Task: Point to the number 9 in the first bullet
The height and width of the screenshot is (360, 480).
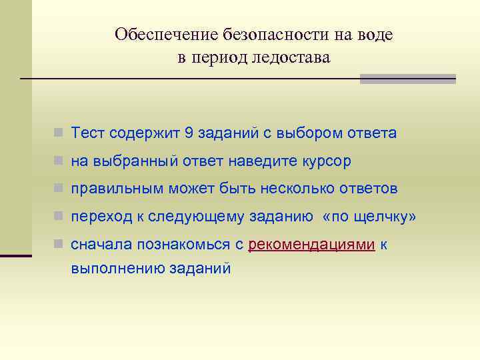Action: click(189, 133)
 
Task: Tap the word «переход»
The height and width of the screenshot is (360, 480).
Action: click(97, 217)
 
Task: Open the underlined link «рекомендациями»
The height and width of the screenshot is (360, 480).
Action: click(311, 245)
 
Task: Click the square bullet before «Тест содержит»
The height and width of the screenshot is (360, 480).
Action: click(59, 133)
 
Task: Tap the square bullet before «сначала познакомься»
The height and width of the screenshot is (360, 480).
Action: click(59, 245)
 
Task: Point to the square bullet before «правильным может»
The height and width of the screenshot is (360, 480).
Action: click(59, 189)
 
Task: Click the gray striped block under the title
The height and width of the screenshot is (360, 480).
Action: click(407, 79)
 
